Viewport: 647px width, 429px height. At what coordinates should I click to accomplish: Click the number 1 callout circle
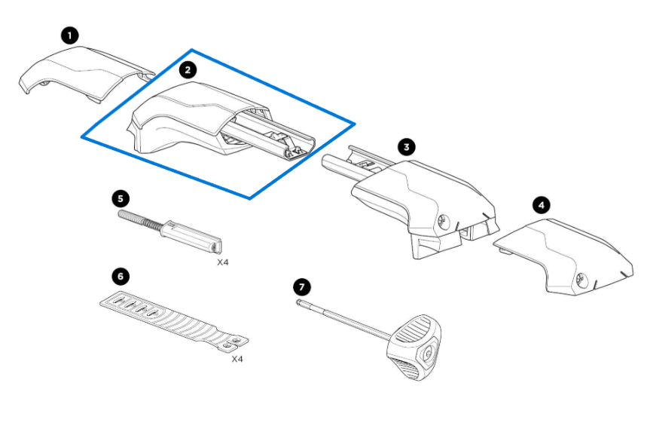click(70, 35)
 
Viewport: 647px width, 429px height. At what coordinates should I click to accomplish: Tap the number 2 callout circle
click(188, 69)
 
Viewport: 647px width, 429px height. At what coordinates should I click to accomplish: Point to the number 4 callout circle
click(541, 204)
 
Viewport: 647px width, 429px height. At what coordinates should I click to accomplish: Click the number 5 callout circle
click(120, 198)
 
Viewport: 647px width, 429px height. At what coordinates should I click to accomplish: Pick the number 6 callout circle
click(120, 274)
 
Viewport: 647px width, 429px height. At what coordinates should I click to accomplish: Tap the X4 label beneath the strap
click(237, 359)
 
